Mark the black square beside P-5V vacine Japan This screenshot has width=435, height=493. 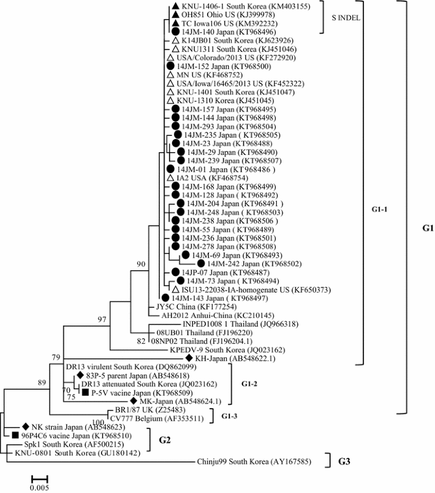point(84,393)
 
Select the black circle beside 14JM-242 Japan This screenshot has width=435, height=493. point(201,263)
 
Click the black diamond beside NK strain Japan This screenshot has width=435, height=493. point(25,426)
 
